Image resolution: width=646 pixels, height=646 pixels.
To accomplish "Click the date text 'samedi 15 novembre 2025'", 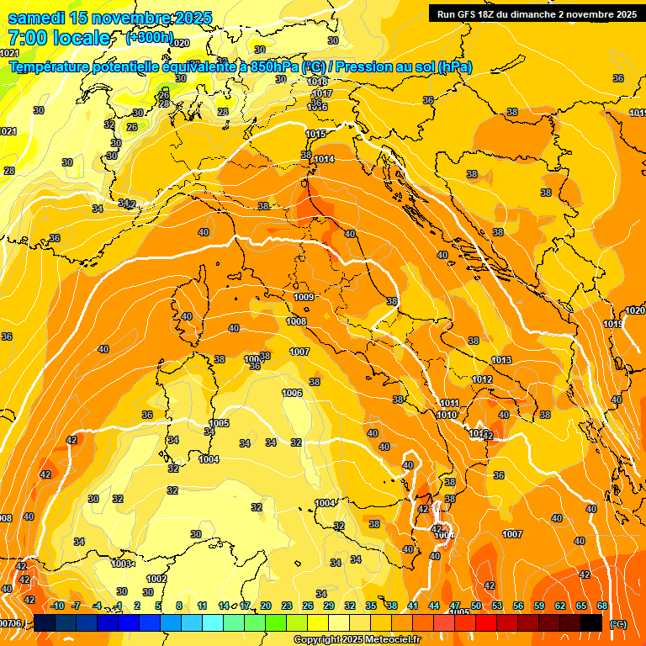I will (x=109, y=18).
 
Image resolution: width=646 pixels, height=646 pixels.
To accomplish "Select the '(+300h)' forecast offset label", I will (x=149, y=38).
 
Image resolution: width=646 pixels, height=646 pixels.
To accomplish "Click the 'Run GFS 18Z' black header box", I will (x=535, y=13).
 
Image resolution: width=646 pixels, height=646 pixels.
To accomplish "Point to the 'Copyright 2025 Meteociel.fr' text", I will (x=357, y=640).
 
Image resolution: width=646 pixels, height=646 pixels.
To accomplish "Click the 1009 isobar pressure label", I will (x=304, y=297).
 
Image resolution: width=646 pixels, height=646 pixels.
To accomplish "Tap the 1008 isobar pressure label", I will (x=296, y=321).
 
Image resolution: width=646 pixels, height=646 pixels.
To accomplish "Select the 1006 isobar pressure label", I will (x=292, y=393).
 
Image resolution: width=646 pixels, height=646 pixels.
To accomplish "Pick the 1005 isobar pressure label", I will (x=220, y=423).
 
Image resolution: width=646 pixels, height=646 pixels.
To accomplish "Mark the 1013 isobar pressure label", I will (x=501, y=360).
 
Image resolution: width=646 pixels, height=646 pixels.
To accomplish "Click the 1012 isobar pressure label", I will (x=482, y=379).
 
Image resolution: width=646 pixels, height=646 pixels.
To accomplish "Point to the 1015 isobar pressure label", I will (x=315, y=135).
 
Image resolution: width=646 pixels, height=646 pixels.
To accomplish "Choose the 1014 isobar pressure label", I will (x=324, y=159).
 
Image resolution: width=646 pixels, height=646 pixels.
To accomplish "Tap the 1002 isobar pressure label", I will (x=156, y=579).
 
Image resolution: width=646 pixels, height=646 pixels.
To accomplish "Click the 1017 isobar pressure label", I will (x=322, y=93).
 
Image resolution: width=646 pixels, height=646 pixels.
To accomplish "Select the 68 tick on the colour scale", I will (x=602, y=606).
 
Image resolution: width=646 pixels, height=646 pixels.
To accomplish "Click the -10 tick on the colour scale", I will (x=57, y=606).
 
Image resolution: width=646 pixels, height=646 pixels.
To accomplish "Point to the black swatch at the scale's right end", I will (x=591, y=622).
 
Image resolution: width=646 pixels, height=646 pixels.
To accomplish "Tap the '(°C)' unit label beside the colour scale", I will (x=617, y=624).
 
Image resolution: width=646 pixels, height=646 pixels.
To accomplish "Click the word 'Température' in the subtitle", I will (x=51, y=67).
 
